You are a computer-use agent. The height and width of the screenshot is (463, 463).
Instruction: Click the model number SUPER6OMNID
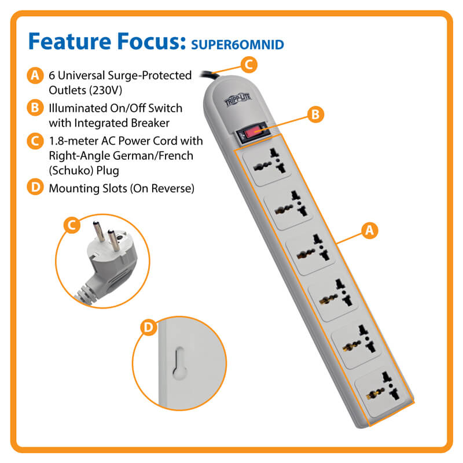pos(237,45)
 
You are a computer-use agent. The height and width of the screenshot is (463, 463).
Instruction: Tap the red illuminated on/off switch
pos(253,133)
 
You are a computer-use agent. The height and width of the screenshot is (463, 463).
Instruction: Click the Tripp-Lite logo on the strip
pos(238,100)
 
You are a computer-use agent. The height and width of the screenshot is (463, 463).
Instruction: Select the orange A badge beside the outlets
pos(369,230)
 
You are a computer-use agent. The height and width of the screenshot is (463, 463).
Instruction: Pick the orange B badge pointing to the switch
pos(315,114)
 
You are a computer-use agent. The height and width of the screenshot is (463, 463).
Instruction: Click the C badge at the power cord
pos(249,64)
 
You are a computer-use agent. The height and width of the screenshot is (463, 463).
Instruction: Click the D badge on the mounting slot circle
pos(149,328)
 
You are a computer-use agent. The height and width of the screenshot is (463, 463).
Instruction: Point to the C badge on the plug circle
pos(72,225)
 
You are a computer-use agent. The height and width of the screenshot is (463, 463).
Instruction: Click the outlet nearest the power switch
pos(267,166)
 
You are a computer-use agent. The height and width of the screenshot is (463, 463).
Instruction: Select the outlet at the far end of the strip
pos(381,391)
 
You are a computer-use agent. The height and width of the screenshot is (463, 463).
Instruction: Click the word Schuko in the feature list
pos(72,171)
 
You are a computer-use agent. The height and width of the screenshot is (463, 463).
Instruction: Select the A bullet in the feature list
pos(35,75)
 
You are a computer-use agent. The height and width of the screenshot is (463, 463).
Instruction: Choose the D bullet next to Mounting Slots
pos(35,187)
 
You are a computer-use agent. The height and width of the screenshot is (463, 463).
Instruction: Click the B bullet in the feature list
pos(35,108)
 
